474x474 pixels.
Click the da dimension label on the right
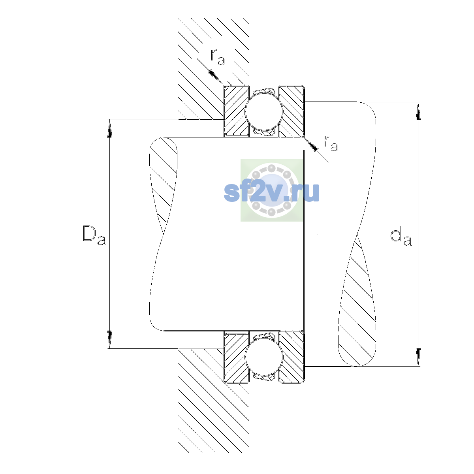(x=401, y=237)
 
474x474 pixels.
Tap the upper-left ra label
(x=218, y=57)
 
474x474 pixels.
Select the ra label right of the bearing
(x=331, y=143)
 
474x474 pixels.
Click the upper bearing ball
(x=264, y=111)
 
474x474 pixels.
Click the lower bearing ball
(x=264, y=357)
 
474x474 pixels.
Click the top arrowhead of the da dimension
(x=418, y=111)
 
